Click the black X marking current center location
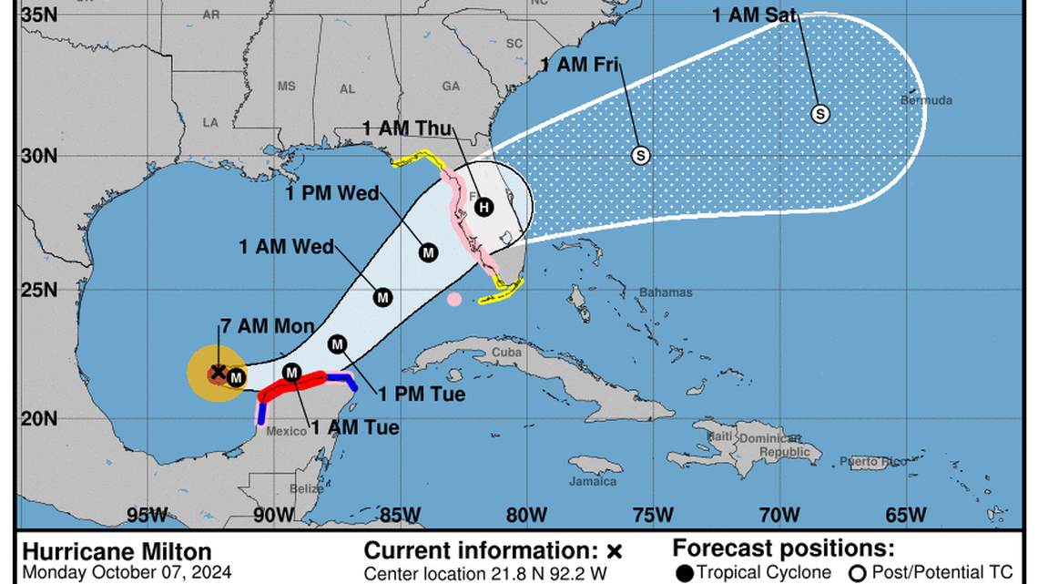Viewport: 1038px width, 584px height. [x=218, y=371]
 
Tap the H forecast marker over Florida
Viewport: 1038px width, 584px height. [x=484, y=207]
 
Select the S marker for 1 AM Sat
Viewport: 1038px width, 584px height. [x=820, y=114]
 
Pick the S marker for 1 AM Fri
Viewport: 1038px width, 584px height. [x=641, y=155]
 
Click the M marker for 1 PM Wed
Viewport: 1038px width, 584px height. [x=428, y=252]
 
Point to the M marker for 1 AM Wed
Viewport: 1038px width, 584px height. [x=382, y=297]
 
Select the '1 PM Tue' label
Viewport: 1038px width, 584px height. [x=422, y=394]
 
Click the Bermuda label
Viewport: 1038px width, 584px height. [x=925, y=99]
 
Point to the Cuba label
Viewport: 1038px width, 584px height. [x=505, y=353]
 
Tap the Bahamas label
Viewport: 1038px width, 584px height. [x=665, y=292]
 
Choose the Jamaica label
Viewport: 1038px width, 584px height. [x=593, y=482]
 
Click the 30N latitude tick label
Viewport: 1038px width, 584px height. [x=39, y=156]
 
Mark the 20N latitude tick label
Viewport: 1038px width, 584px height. [x=39, y=418]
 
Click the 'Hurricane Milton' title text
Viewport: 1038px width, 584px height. [x=117, y=551]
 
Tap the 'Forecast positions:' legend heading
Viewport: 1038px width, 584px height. [x=783, y=548]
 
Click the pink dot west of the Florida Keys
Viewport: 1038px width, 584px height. [x=454, y=299]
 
